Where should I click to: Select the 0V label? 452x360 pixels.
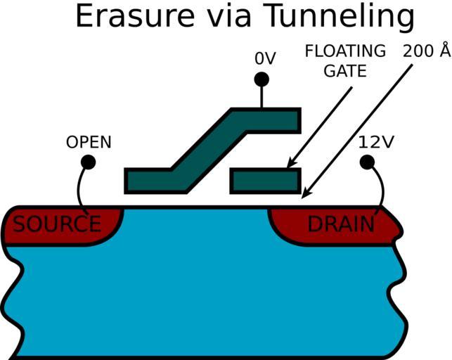coord(265,60)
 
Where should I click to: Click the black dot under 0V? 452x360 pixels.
coord(261,79)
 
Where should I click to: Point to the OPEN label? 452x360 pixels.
coord(89,142)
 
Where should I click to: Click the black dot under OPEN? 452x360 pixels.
coord(88,162)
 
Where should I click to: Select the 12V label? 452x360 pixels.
coord(376,142)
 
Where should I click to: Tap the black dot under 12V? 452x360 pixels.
coord(367,162)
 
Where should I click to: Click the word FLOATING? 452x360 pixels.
coord(345,51)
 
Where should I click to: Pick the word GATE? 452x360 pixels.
coord(344,72)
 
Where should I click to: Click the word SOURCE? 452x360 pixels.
coord(57,224)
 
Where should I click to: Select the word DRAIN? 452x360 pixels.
coord(341,224)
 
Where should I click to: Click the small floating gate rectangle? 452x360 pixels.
coord(266,180)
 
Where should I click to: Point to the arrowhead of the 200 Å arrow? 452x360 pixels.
coord(305,193)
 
